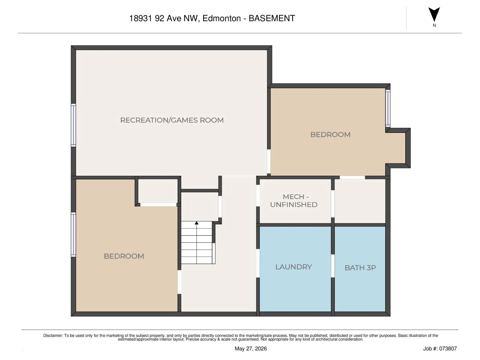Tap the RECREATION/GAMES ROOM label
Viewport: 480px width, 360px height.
click(172, 120)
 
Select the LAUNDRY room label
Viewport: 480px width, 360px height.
click(293, 267)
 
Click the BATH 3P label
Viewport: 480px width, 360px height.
click(360, 268)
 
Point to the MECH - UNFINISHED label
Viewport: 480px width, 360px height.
click(294, 200)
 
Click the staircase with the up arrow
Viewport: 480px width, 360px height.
click(198, 242)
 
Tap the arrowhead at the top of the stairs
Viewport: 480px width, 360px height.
click(196, 223)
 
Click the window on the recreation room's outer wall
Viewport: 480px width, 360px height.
click(73, 125)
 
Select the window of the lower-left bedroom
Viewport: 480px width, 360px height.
click(73, 234)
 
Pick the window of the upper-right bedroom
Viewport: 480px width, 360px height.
click(388, 108)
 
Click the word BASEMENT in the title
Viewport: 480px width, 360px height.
click(271, 18)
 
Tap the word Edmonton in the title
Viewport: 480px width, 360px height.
click(221, 18)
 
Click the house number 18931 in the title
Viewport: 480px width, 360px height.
click(141, 18)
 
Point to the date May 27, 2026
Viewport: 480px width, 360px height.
click(250, 348)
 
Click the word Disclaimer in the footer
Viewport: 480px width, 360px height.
click(53, 335)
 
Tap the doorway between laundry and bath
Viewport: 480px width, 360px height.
click(333, 266)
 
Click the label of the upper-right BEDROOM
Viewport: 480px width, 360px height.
click(330, 134)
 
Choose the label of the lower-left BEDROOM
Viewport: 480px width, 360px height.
click(124, 256)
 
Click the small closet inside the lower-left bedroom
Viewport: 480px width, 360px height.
click(158, 191)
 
